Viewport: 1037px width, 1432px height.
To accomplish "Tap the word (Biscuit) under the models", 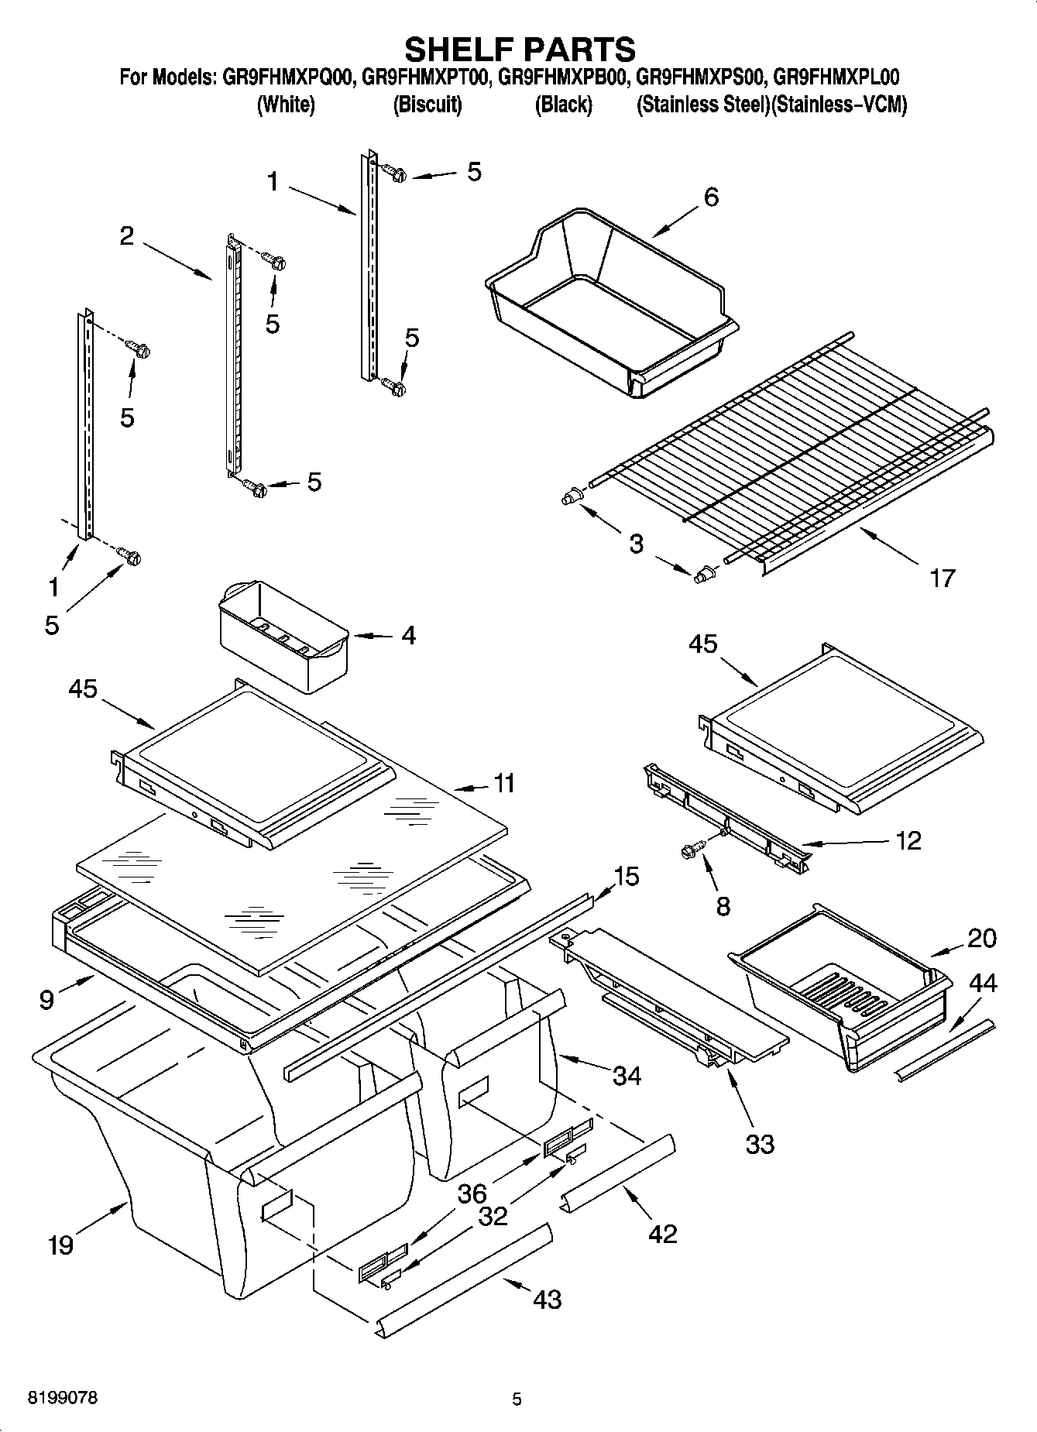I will [428, 105].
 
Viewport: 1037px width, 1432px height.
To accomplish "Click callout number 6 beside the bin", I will [710, 197].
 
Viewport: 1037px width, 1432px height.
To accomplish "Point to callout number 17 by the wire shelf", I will [942, 578].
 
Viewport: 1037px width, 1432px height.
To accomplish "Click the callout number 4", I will [408, 636].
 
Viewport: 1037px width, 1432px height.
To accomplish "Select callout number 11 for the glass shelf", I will [503, 784].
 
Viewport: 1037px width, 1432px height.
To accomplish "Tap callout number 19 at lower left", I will [60, 1245].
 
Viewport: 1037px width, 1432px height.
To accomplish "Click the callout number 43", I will [547, 1299].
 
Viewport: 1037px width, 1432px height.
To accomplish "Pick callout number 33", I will [760, 1144].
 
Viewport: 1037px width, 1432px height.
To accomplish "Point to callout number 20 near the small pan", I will [982, 939].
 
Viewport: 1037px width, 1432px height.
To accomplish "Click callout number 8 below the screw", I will [723, 906].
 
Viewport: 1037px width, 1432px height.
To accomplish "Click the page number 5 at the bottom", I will [517, 1399].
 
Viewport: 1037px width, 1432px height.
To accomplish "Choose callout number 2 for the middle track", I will [127, 236].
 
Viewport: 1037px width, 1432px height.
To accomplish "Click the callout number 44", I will [983, 984].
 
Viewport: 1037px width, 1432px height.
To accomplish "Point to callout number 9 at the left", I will [46, 1000].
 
